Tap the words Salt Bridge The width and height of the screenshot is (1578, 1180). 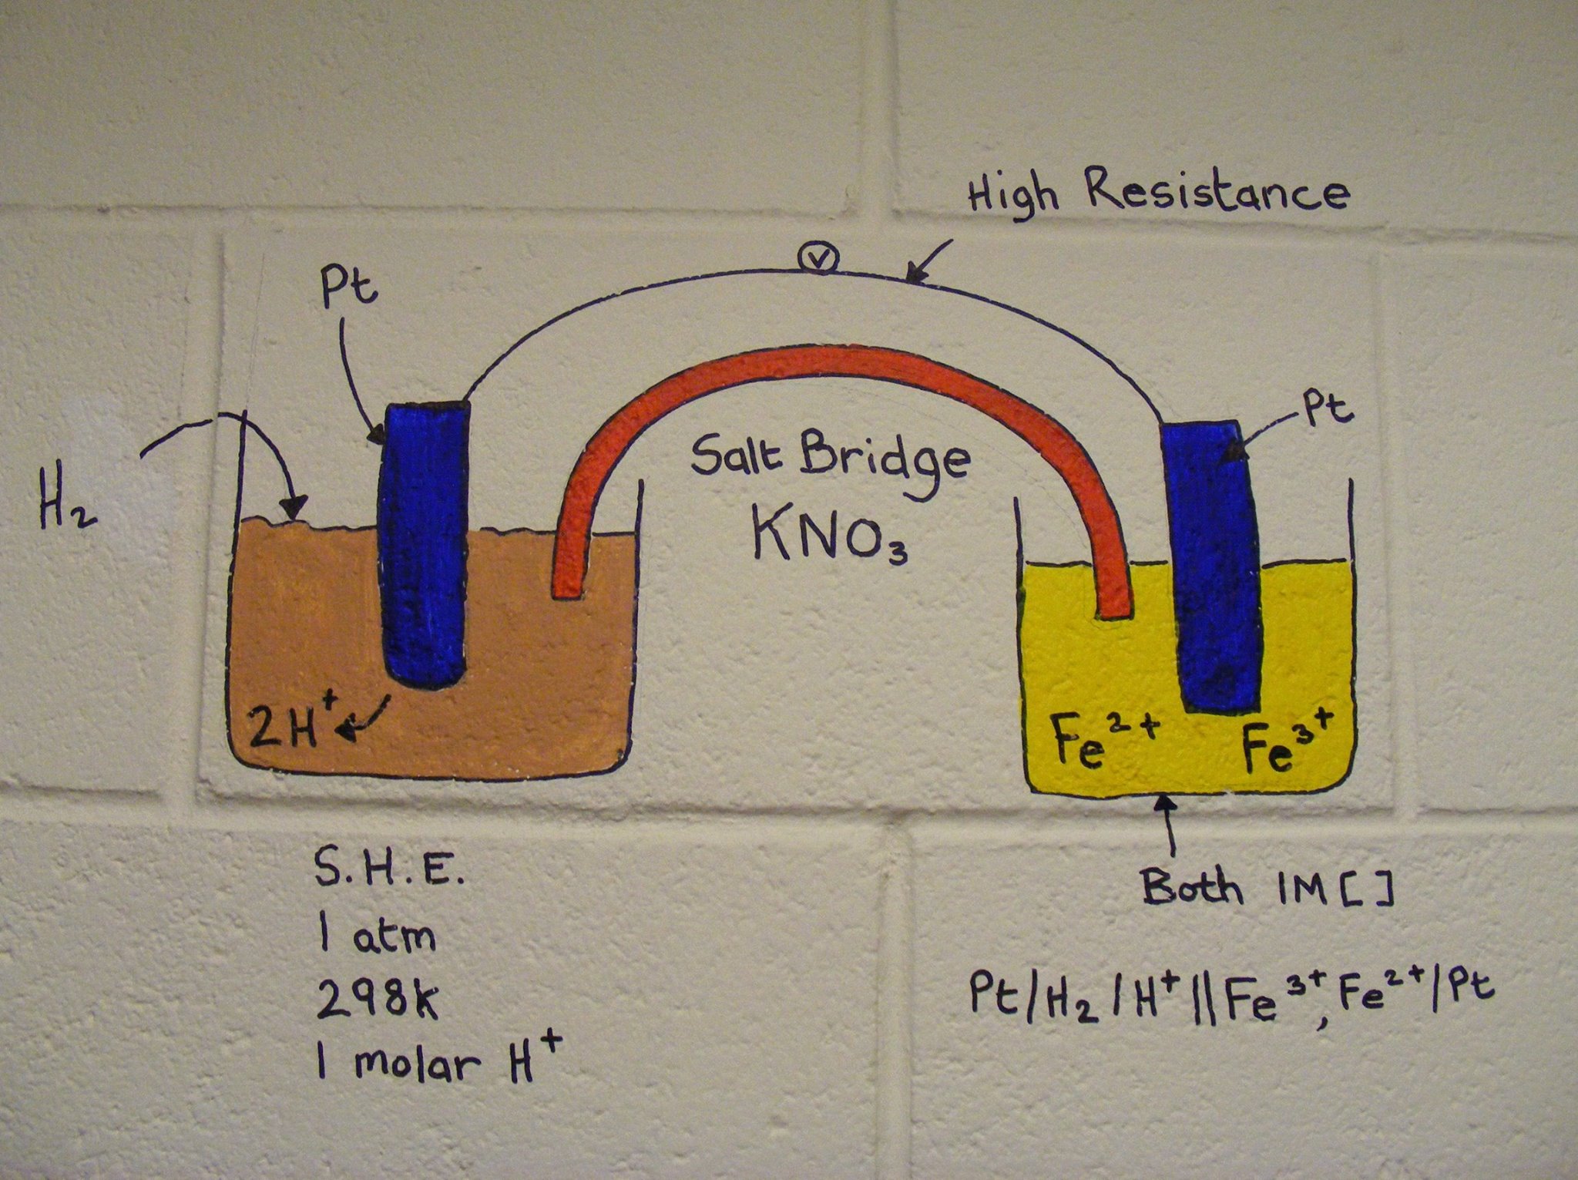(829, 461)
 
